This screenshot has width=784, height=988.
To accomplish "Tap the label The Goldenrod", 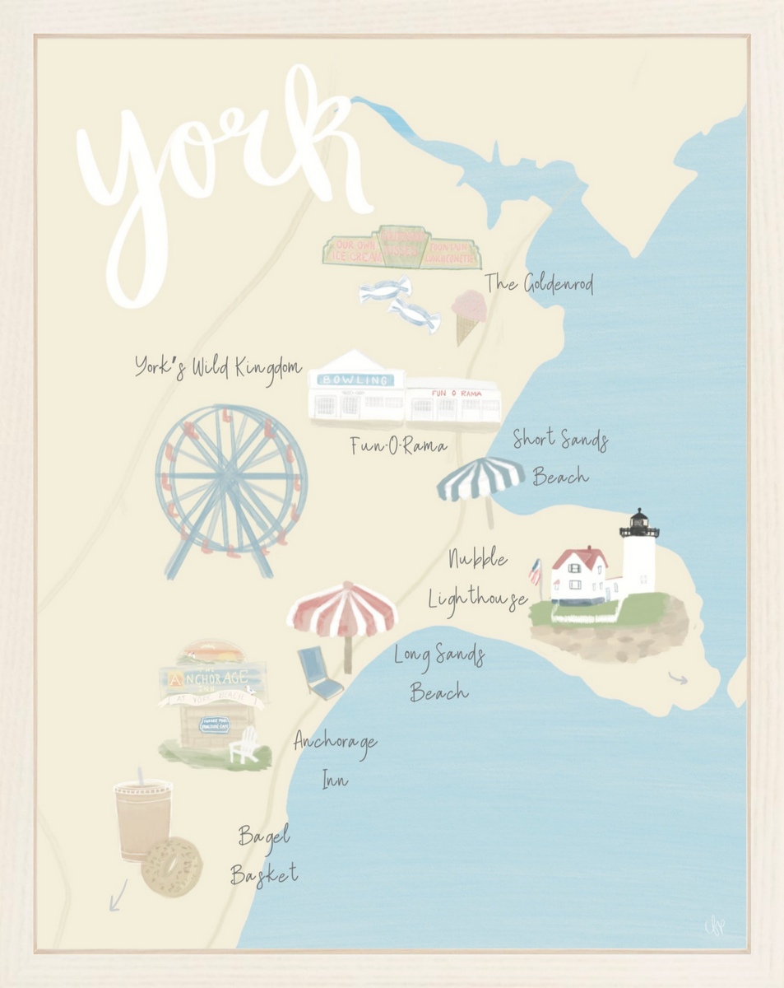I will click(539, 284).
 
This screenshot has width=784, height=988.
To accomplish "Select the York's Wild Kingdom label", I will click(218, 367).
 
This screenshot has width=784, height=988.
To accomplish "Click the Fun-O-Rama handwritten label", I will click(399, 446).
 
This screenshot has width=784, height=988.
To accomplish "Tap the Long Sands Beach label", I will click(439, 673).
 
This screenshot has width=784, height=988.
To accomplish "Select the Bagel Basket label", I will click(264, 855).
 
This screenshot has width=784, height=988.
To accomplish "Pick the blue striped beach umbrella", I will click(480, 480).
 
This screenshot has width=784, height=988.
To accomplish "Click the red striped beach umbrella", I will click(342, 611).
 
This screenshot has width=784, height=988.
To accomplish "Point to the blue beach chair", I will click(320, 671).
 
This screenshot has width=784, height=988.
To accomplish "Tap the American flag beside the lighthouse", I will click(536, 571).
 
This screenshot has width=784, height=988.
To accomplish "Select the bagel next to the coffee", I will click(171, 867).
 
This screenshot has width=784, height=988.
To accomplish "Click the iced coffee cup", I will click(141, 819).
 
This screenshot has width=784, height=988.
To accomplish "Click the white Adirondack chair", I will click(245, 746).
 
